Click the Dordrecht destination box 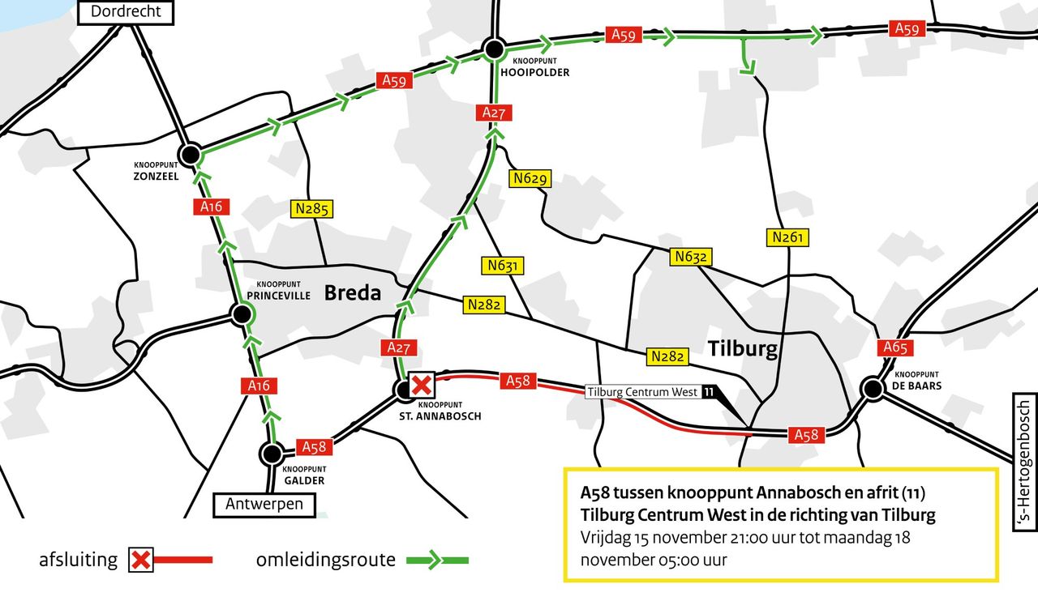coord(126,11)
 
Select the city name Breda coord(353,293)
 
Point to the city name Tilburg coord(743,349)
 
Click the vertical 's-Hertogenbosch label coord(1024,463)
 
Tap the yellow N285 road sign coord(312,209)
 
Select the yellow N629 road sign coord(530,179)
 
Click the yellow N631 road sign coord(503,265)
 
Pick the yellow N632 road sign coord(691,257)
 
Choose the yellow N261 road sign coord(787,237)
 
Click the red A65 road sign coord(894,348)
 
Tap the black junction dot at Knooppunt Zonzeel coord(191,154)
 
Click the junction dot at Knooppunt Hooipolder coord(494,49)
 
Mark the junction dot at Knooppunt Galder coord(271,454)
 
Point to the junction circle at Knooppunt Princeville coord(240,314)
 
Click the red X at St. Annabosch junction coord(421,384)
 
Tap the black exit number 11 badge coord(710,392)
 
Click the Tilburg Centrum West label coord(642,392)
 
